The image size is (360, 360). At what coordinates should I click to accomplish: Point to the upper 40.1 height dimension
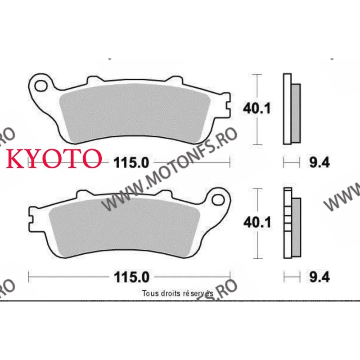point(256,108)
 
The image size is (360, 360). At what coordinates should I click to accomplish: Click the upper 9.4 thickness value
point(319,162)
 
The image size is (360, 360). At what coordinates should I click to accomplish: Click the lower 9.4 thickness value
point(319,277)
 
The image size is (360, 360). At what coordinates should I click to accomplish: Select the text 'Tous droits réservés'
point(177,293)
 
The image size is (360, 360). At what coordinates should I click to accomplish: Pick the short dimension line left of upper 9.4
point(291,162)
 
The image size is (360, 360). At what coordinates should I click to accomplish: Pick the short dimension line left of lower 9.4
point(291,276)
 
